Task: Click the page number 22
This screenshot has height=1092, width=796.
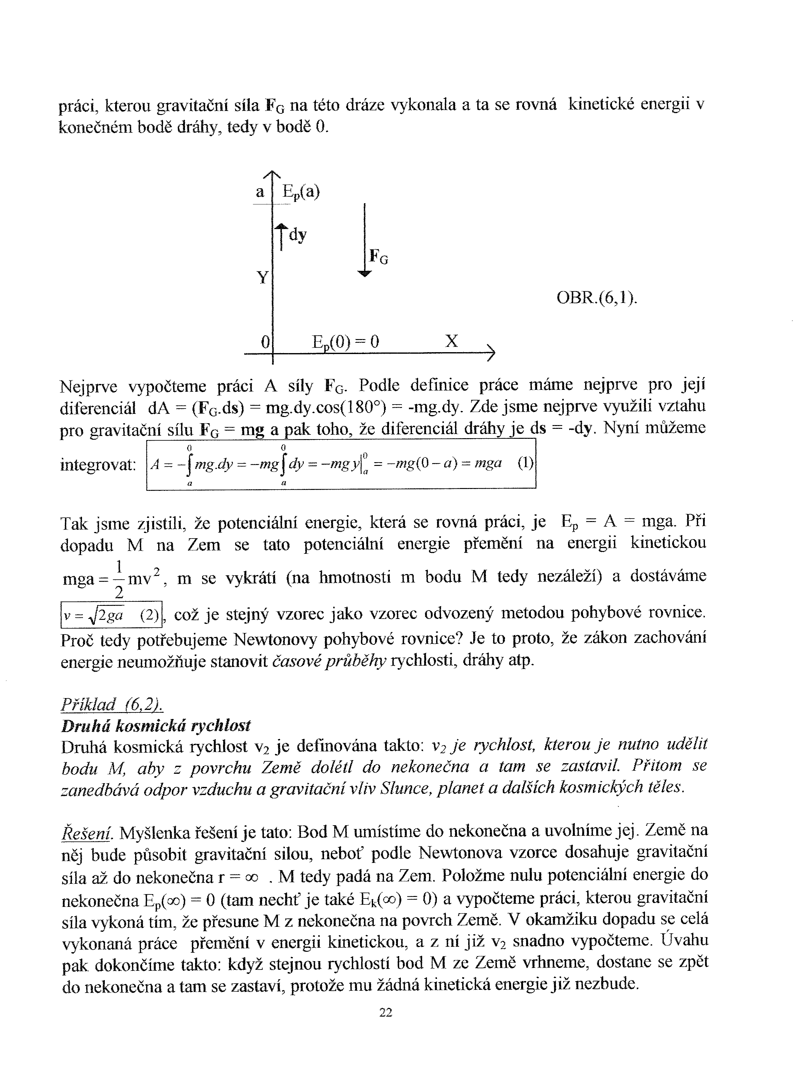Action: [x=386, y=1013]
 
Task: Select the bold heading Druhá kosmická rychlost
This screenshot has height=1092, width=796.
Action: [x=156, y=726]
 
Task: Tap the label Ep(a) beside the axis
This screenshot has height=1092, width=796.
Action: [x=301, y=192]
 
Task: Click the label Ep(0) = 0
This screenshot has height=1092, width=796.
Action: [x=346, y=342]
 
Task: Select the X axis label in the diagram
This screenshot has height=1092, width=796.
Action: [x=451, y=341]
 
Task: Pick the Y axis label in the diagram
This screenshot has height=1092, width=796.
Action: [x=262, y=277]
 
